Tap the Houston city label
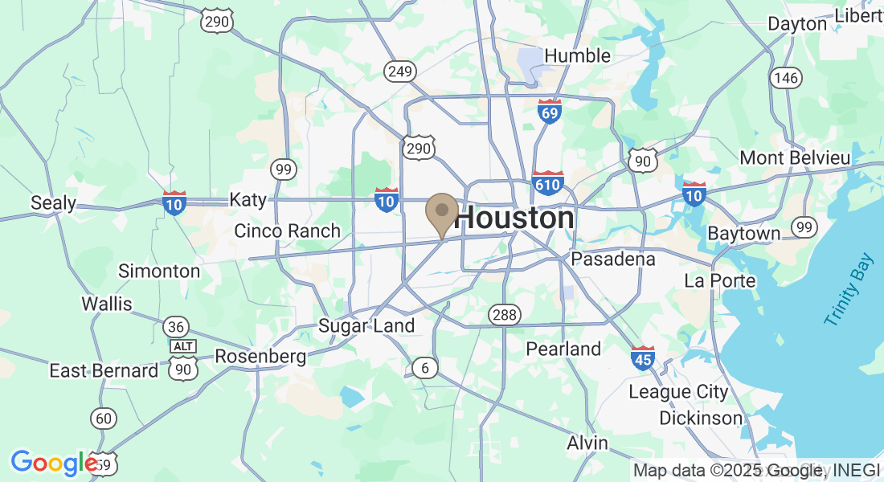click(x=515, y=218)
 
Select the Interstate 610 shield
click(x=547, y=183)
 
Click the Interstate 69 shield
click(x=549, y=112)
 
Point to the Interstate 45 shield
click(x=642, y=357)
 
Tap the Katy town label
click(x=248, y=199)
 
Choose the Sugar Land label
click(x=366, y=325)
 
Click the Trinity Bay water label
click(x=848, y=290)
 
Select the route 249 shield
click(x=399, y=72)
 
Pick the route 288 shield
click(x=505, y=315)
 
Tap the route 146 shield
click(x=785, y=77)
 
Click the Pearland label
click(x=563, y=349)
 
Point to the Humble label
click(x=577, y=55)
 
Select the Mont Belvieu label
click(x=795, y=157)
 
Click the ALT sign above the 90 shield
click(x=183, y=345)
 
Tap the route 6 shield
click(x=425, y=368)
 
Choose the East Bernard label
click(x=104, y=370)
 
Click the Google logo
click(x=53, y=463)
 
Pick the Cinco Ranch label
click(x=287, y=231)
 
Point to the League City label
click(x=678, y=392)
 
